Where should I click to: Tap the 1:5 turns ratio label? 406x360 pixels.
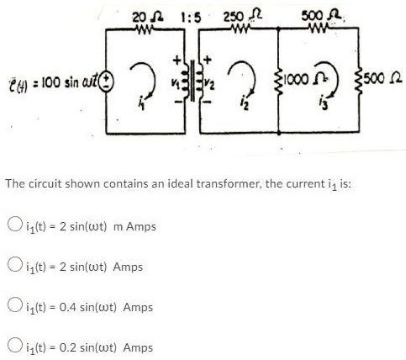pyautogui.click(x=191, y=19)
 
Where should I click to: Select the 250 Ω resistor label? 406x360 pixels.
pyautogui.click(x=242, y=17)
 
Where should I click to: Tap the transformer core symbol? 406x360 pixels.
pyautogui.click(x=192, y=80)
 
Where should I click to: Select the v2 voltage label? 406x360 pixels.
pyautogui.click(x=209, y=85)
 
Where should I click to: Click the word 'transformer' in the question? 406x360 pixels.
pyautogui.click(x=229, y=184)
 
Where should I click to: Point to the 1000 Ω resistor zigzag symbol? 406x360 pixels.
pyautogui.click(x=279, y=82)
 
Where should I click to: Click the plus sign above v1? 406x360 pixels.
pyautogui.click(x=177, y=60)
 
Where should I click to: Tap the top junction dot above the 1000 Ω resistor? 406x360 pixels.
pyautogui.click(x=278, y=28)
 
